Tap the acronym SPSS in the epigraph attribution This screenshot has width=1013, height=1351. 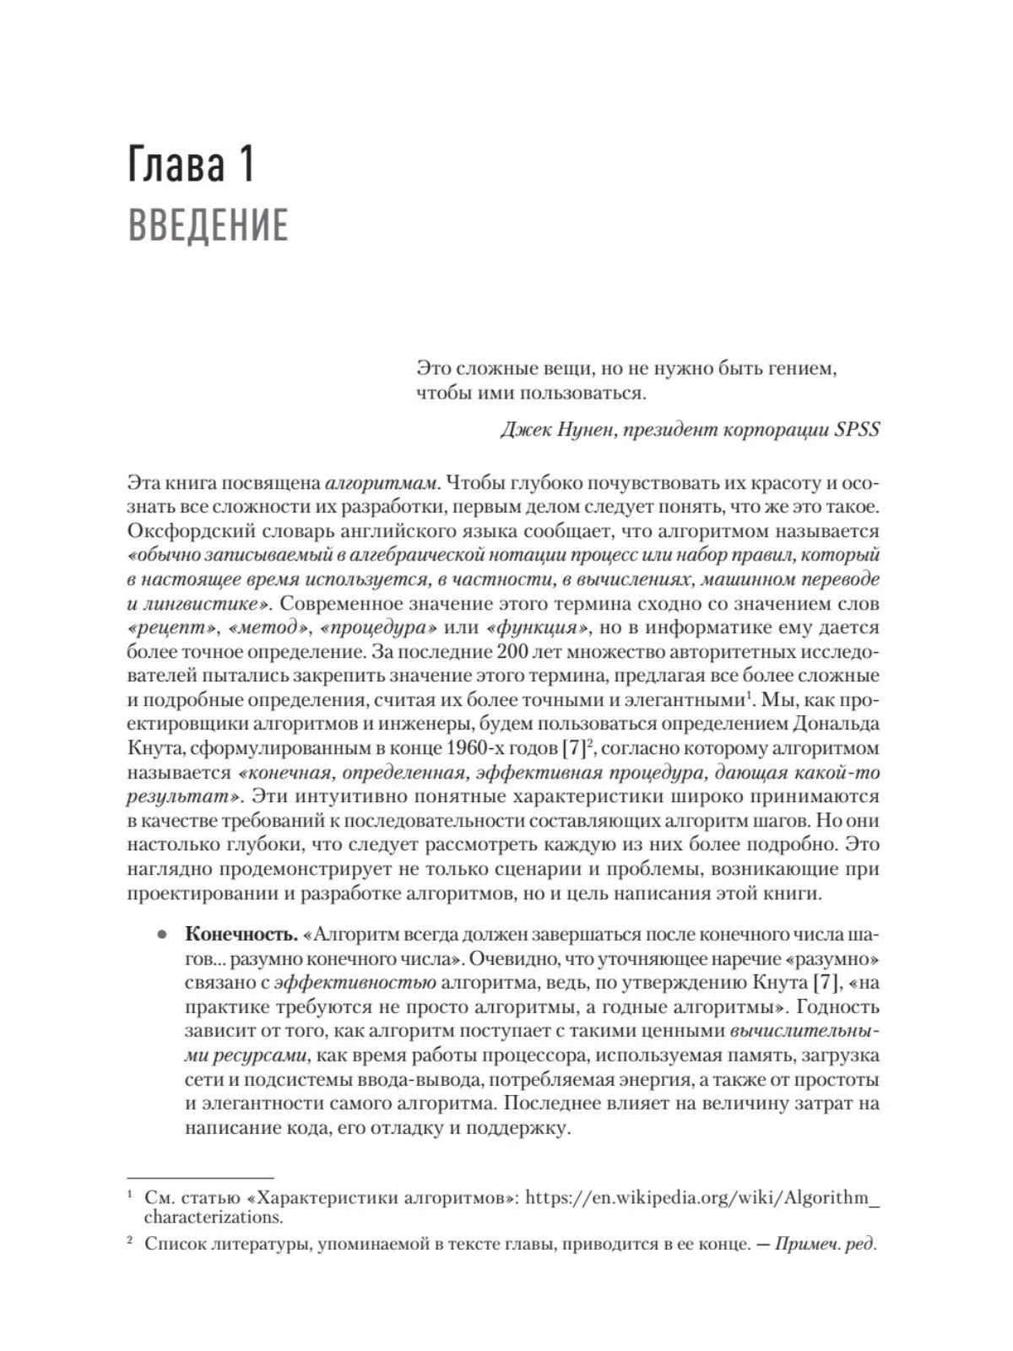coord(857,429)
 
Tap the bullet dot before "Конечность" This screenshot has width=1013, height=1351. coord(160,936)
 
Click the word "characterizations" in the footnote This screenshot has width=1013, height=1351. coord(213,1218)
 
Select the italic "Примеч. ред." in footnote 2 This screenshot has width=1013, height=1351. coord(826,1243)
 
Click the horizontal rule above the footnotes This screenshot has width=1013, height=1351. coord(200,1176)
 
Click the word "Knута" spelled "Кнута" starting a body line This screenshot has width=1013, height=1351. coord(152,748)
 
